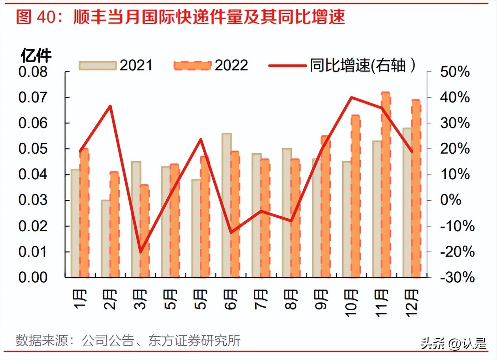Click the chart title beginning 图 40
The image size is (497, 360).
point(181,17)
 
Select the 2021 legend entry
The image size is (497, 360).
point(116,65)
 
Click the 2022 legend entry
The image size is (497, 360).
point(211,65)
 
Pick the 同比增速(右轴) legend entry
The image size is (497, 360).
point(342,65)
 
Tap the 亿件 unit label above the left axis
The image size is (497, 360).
point(36,55)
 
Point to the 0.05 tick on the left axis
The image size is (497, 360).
point(33,149)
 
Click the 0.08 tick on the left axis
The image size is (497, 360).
point(33,72)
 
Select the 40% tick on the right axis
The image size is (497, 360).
point(455,97)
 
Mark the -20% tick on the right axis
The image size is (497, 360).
point(457,252)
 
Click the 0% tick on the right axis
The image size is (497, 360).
point(450,200)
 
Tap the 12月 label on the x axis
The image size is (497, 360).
point(412,303)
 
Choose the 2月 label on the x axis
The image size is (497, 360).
point(110,300)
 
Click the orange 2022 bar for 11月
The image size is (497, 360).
point(386,185)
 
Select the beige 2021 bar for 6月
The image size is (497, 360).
point(226,205)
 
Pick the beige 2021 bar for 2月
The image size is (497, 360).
point(106,238)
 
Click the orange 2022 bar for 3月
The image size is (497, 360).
point(144,231)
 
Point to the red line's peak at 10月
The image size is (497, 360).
point(351,97)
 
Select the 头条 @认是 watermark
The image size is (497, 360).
point(453,343)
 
